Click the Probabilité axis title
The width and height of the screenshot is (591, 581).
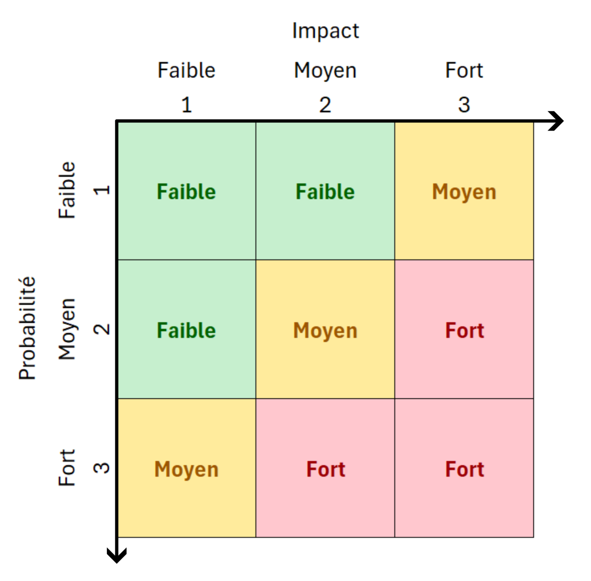27,328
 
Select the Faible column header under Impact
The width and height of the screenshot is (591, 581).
187,70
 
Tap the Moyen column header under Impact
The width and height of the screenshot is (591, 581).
325,71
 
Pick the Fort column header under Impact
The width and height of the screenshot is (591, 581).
464,70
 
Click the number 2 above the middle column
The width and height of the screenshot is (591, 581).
325,105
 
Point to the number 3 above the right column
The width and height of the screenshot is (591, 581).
464,105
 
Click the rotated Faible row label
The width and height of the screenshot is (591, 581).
67,190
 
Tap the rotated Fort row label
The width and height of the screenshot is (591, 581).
67,468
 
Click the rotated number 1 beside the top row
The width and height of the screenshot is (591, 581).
101,190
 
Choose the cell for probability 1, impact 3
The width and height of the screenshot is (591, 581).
464,191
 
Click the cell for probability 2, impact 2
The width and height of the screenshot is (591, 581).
325,329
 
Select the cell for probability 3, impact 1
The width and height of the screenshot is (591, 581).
187,468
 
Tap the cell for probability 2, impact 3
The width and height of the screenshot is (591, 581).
464,329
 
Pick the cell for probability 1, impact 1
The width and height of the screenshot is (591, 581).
187,191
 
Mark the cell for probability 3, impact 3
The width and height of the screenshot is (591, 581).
464,468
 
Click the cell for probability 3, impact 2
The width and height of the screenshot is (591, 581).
325,468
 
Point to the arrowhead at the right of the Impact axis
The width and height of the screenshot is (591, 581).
557,121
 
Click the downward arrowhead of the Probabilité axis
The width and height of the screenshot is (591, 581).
117,556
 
